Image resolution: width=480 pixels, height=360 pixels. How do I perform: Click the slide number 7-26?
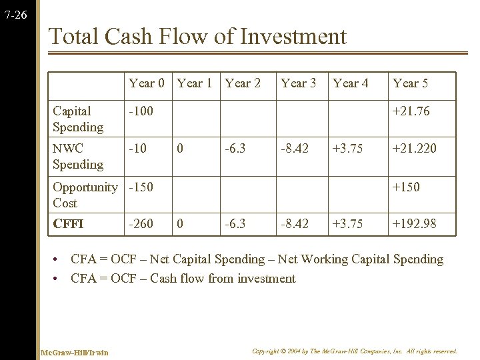pyautogui.click(x=15, y=13)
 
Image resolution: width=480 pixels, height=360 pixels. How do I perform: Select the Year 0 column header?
pyautogui.click(x=146, y=83)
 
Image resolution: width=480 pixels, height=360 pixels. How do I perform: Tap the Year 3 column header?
pyautogui.click(x=298, y=83)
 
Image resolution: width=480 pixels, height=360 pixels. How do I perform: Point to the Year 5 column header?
pyautogui.click(x=410, y=83)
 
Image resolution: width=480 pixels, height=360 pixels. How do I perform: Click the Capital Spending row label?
pyautogui.click(x=78, y=119)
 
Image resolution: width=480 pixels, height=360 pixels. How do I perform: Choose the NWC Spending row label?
pyautogui.click(x=78, y=156)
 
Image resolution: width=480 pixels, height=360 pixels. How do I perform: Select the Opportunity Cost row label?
pyautogui.click(x=85, y=195)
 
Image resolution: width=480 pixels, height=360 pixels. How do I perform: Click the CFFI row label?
pyautogui.click(x=68, y=224)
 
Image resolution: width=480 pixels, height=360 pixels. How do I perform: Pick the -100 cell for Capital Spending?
pyautogui.click(x=141, y=111)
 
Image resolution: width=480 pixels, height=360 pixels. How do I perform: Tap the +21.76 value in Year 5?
pyautogui.click(x=411, y=111)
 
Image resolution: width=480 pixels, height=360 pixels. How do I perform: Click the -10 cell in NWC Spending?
pyautogui.click(x=137, y=149)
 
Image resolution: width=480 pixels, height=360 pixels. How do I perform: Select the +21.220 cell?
pyautogui.click(x=415, y=149)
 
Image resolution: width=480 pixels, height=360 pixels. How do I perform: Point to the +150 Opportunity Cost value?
pyautogui.click(x=406, y=187)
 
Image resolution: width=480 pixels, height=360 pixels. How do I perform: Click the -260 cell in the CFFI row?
pyautogui.click(x=141, y=224)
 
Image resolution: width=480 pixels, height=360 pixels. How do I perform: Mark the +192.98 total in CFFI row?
pyautogui.click(x=415, y=224)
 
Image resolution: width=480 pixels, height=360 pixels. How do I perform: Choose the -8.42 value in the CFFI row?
pyautogui.click(x=295, y=224)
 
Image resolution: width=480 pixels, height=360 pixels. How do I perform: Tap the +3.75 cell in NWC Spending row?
pyautogui.click(x=348, y=149)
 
